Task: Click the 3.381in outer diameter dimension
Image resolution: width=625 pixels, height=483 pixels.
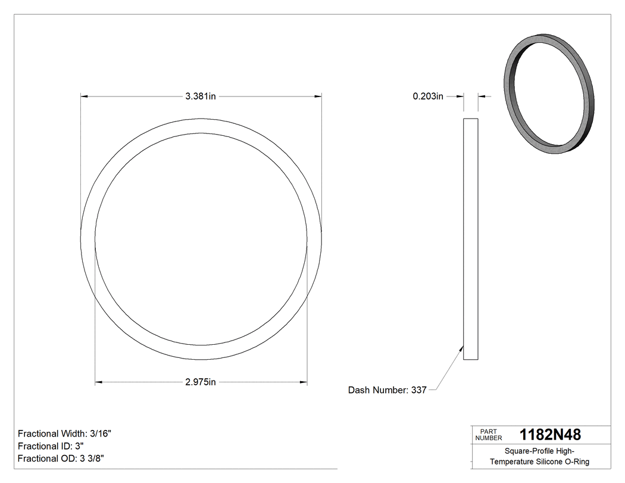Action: (x=201, y=96)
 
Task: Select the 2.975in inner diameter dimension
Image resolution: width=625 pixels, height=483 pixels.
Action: (x=201, y=382)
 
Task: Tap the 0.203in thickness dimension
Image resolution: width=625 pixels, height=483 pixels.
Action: (x=428, y=96)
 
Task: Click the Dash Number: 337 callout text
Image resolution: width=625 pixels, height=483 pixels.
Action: (x=387, y=391)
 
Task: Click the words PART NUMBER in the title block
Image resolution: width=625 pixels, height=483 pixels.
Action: (x=488, y=434)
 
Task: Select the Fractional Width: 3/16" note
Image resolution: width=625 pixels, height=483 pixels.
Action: (x=64, y=434)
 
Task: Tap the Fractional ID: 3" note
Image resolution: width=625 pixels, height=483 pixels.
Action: (x=51, y=446)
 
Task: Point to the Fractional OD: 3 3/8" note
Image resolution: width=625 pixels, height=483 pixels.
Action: (x=62, y=459)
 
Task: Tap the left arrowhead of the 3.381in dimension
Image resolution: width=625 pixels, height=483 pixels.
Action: (x=85, y=96)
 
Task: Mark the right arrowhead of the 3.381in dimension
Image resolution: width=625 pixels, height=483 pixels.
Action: (x=318, y=96)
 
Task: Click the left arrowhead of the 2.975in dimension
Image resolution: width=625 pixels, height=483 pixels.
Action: (x=99, y=382)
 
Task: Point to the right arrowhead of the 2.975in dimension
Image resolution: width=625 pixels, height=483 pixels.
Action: (x=304, y=382)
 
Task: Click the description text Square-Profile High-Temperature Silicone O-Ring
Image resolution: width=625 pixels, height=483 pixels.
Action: (x=540, y=456)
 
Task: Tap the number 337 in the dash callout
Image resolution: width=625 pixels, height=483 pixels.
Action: (x=419, y=391)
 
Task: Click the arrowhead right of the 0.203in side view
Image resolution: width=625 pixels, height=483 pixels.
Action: (x=482, y=96)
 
